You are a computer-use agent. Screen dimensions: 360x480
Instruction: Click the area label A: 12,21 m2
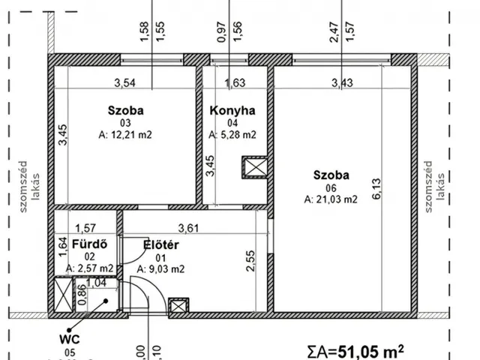(125, 136)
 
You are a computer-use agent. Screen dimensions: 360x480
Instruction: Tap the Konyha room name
(232, 110)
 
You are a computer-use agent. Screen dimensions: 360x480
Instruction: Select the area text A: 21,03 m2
(331, 199)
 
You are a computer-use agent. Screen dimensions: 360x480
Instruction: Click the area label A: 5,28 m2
(232, 136)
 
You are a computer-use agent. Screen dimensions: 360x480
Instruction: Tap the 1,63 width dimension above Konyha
(235, 83)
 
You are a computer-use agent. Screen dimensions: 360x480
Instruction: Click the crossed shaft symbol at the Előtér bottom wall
(178, 305)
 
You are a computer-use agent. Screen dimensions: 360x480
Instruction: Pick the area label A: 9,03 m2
(160, 268)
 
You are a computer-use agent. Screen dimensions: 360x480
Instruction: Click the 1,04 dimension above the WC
(95, 283)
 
